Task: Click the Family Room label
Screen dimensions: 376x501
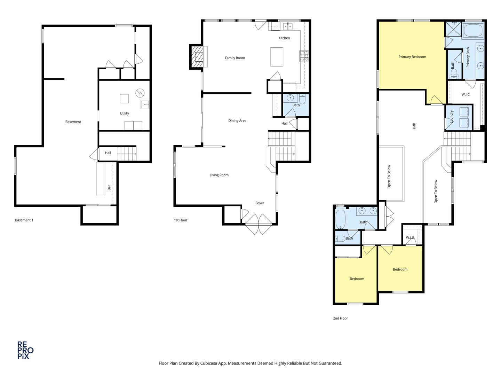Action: coord(235,58)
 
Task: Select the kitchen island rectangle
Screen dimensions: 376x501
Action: coord(277,57)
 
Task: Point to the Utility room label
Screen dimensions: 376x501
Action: coord(124,113)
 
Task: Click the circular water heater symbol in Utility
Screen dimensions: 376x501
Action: coord(140,93)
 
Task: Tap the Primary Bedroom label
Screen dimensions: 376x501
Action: coord(412,57)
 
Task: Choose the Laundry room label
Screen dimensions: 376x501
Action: coord(452,117)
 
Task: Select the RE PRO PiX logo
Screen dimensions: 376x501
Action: coord(25,350)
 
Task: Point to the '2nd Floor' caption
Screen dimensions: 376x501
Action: coord(340,318)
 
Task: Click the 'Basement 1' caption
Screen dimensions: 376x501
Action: coord(24,220)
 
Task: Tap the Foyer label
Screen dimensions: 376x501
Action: coord(260,203)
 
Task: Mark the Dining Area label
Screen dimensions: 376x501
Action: coord(237,121)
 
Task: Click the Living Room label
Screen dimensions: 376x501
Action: coord(219,175)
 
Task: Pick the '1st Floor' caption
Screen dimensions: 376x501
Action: coord(181,220)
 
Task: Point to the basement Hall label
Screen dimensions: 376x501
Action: coord(108,153)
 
